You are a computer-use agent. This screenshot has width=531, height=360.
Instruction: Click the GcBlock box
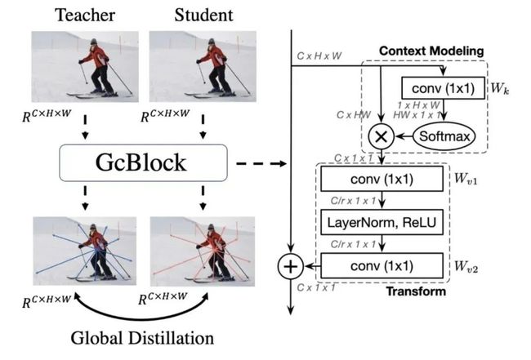[143, 162]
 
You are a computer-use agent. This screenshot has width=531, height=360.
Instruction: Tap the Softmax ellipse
[444, 136]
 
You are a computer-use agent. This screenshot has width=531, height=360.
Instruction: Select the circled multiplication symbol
[382, 136]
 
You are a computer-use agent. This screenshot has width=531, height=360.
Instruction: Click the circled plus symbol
[291, 267]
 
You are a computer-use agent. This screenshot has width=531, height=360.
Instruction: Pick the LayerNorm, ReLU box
[382, 222]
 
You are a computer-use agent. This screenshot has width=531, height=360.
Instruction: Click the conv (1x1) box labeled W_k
[443, 88]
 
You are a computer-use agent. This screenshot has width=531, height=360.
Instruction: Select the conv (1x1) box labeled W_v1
[382, 179]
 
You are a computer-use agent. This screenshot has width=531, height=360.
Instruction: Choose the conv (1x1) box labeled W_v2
[382, 266]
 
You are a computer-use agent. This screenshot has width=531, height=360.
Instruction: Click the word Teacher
[85, 16]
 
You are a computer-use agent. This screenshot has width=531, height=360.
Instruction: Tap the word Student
[203, 16]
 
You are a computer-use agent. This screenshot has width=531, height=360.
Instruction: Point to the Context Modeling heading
[431, 51]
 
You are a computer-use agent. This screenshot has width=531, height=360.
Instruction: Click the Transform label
[416, 291]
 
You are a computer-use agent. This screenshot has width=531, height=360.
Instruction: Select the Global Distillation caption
[142, 338]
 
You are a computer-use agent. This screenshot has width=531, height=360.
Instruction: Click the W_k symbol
[500, 89]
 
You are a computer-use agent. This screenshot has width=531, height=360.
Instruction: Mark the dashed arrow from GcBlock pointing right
[261, 164]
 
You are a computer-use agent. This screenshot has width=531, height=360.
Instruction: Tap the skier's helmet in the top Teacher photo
[93, 42]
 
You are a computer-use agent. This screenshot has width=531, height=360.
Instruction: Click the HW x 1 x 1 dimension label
[417, 115]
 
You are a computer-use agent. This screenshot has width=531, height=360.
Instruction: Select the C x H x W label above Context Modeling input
[319, 56]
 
